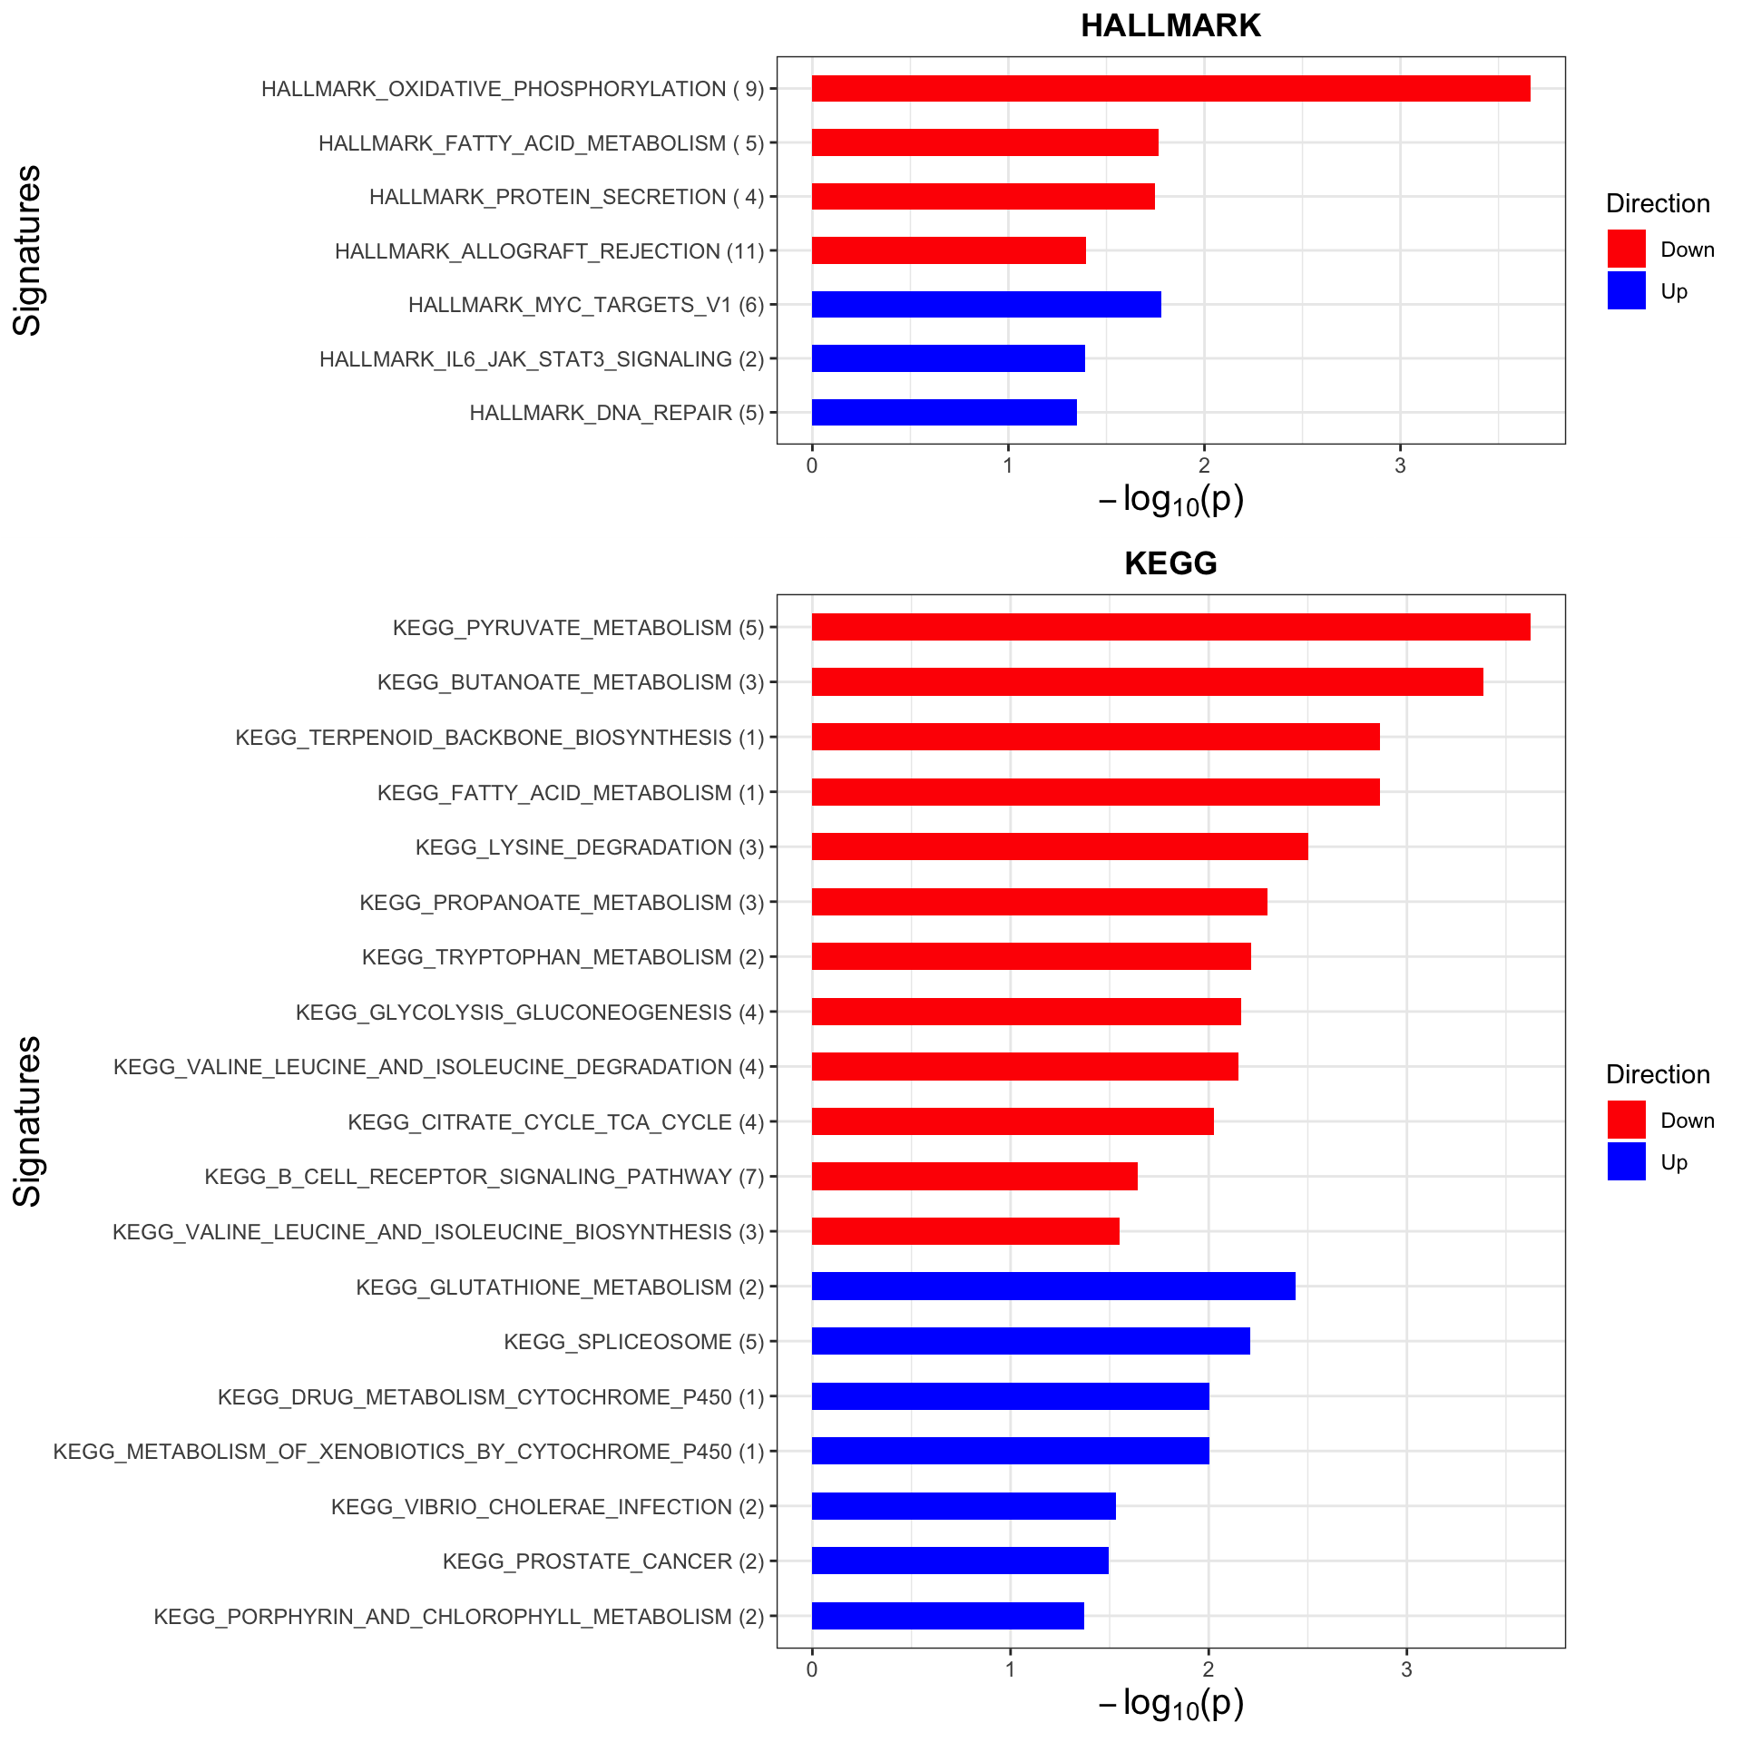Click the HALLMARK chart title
pyautogui.click(x=1170, y=26)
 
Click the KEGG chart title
pyautogui.click(x=1170, y=563)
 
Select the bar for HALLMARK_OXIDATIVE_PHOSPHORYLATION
pyautogui.click(x=1170, y=89)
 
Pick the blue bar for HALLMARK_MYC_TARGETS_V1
pyautogui.click(x=986, y=305)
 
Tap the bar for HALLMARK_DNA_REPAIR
pyautogui.click(x=944, y=413)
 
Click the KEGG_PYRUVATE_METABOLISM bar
pyautogui.click(x=1170, y=627)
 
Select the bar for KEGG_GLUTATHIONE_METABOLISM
pyautogui.click(x=1053, y=1287)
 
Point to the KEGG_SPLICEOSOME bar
pyautogui.click(x=1031, y=1341)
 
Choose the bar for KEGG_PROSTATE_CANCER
pyautogui.click(x=960, y=1561)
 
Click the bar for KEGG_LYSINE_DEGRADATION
pyautogui.click(x=1060, y=847)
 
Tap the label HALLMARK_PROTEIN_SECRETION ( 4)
pyautogui.click(x=566, y=197)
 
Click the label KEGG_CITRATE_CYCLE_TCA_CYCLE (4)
pyautogui.click(x=555, y=1122)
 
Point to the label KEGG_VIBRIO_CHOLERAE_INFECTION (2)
pyautogui.click(x=547, y=1507)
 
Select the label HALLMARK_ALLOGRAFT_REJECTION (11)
pyautogui.click(x=549, y=251)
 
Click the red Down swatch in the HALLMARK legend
pyautogui.click(x=1626, y=249)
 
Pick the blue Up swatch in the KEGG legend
pyautogui.click(x=1626, y=1161)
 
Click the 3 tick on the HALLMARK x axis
pyautogui.click(x=1400, y=466)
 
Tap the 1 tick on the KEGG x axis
pyautogui.click(x=1010, y=1670)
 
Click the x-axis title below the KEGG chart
pyautogui.click(x=1170, y=1704)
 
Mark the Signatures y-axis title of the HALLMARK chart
pyautogui.click(x=28, y=250)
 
